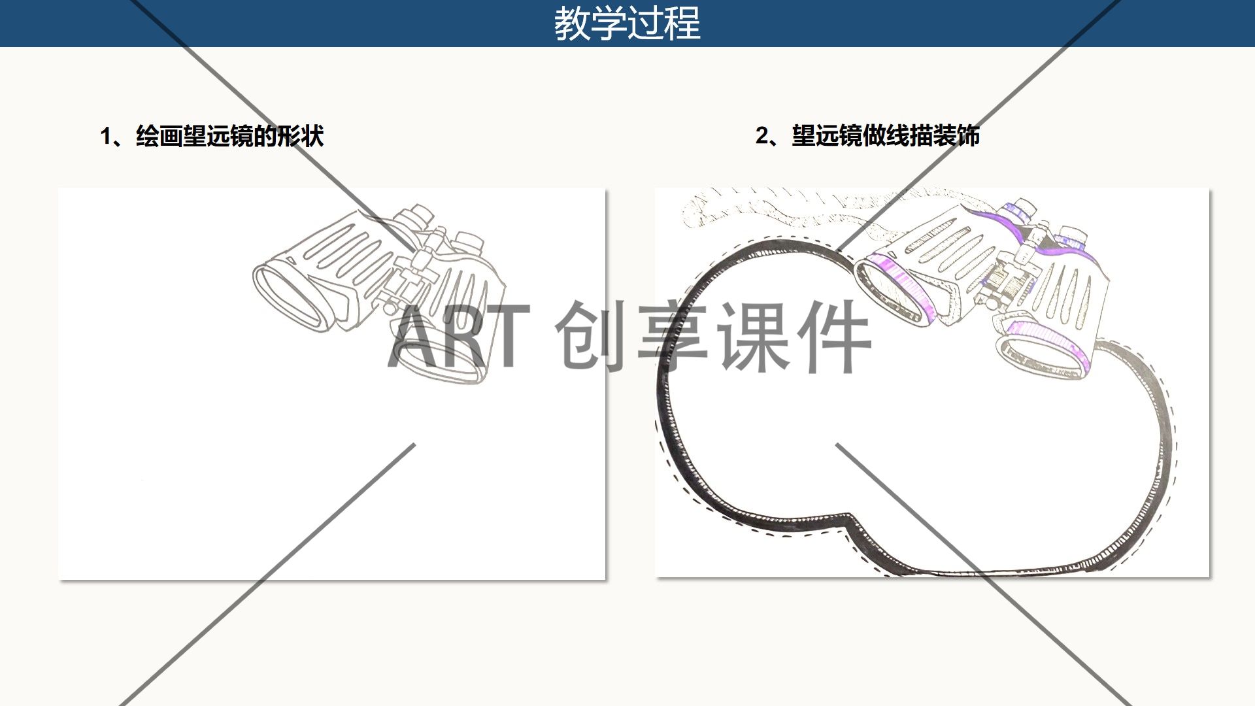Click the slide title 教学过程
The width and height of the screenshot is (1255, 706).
[x=627, y=24]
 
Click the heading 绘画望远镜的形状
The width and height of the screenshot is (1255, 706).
[x=230, y=136]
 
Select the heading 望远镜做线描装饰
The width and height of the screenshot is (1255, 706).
[x=886, y=135]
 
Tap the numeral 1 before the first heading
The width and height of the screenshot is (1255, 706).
[x=106, y=137]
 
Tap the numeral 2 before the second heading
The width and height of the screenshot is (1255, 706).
[x=762, y=136]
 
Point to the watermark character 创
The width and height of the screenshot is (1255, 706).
[x=592, y=336]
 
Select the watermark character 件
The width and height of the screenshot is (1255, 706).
[x=833, y=336]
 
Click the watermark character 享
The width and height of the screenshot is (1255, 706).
[x=673, y=336]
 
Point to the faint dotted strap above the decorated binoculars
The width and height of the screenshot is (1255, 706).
[x=784, y=203]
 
